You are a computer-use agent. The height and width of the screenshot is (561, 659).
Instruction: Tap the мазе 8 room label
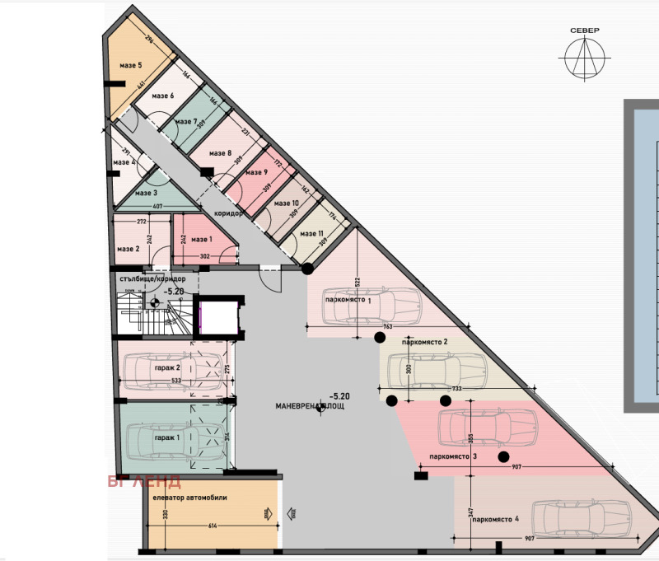pos(220,153)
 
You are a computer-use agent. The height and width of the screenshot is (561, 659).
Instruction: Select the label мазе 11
pos(311,234)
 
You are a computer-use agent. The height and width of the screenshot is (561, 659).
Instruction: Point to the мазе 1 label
pos(202,240)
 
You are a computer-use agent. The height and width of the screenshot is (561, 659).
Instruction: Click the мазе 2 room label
pos(128,249)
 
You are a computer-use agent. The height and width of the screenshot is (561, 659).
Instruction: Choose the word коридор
pos(228,213)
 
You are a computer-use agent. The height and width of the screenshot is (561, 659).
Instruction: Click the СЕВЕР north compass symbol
pos(584,58)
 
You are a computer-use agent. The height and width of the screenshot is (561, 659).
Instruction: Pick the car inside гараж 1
pos(175,437)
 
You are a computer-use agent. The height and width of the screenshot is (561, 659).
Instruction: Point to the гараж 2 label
pos(166,368)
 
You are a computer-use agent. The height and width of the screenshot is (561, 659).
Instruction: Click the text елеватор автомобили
pos(189,497)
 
